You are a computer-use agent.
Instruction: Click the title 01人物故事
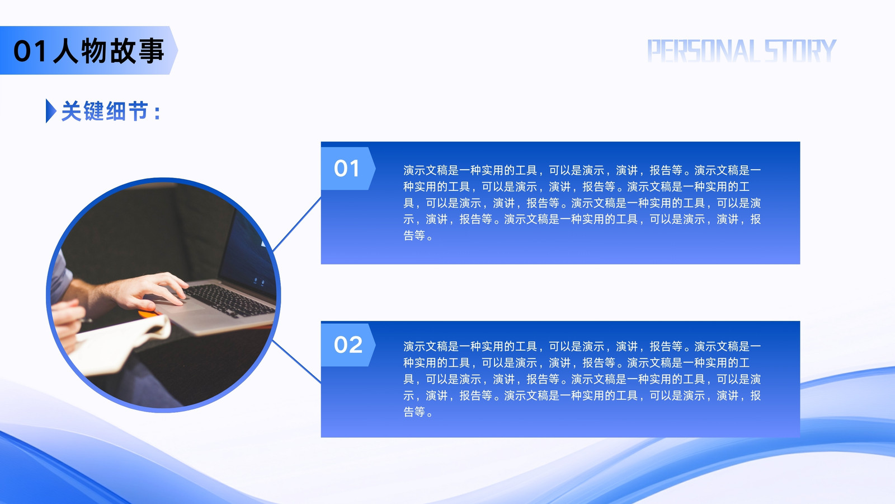(x=89, y=51)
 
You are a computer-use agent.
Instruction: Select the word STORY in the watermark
(x=800, y=51)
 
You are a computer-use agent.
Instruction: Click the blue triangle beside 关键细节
(x=51, y=111)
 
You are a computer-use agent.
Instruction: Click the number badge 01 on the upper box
(x=347, y=169)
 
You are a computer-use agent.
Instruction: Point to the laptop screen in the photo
(x=249, y=256)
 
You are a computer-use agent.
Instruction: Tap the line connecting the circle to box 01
(x=297, y=224)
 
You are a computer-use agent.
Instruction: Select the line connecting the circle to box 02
(x=297, y=362)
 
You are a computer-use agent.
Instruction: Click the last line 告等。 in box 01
(x=418, y=236)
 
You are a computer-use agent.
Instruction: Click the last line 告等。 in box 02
(x=418, y=412)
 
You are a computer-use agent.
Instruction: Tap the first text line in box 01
(x=582, y=170)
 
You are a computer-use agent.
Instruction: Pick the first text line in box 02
(x=582, y=347)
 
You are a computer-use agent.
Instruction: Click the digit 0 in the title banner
(x=23, y=51)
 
